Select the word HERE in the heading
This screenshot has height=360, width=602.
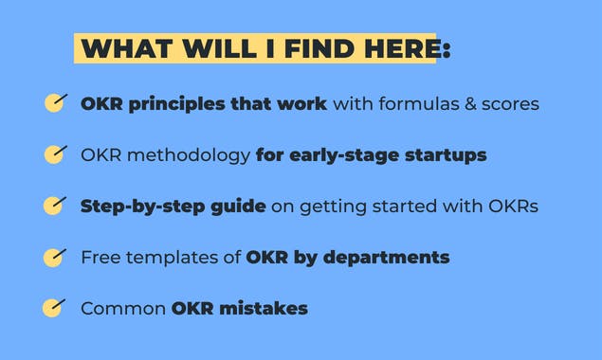tap(397, 49)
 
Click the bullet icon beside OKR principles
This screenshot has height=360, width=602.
tap(55, 102)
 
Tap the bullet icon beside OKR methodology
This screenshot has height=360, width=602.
tap(55, 153)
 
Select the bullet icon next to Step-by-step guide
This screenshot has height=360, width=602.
tap(55, 206)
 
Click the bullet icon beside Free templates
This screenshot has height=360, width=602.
tap(55, 257)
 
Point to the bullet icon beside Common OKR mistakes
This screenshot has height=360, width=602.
tap(55, 308)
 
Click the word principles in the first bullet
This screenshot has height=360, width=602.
tap(173, 103)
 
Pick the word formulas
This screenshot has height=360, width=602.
tap(411, 103)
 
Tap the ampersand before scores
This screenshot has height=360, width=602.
tap(468, 103)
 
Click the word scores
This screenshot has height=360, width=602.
tap(509, 103)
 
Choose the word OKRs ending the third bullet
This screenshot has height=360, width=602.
tap(512, 206)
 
